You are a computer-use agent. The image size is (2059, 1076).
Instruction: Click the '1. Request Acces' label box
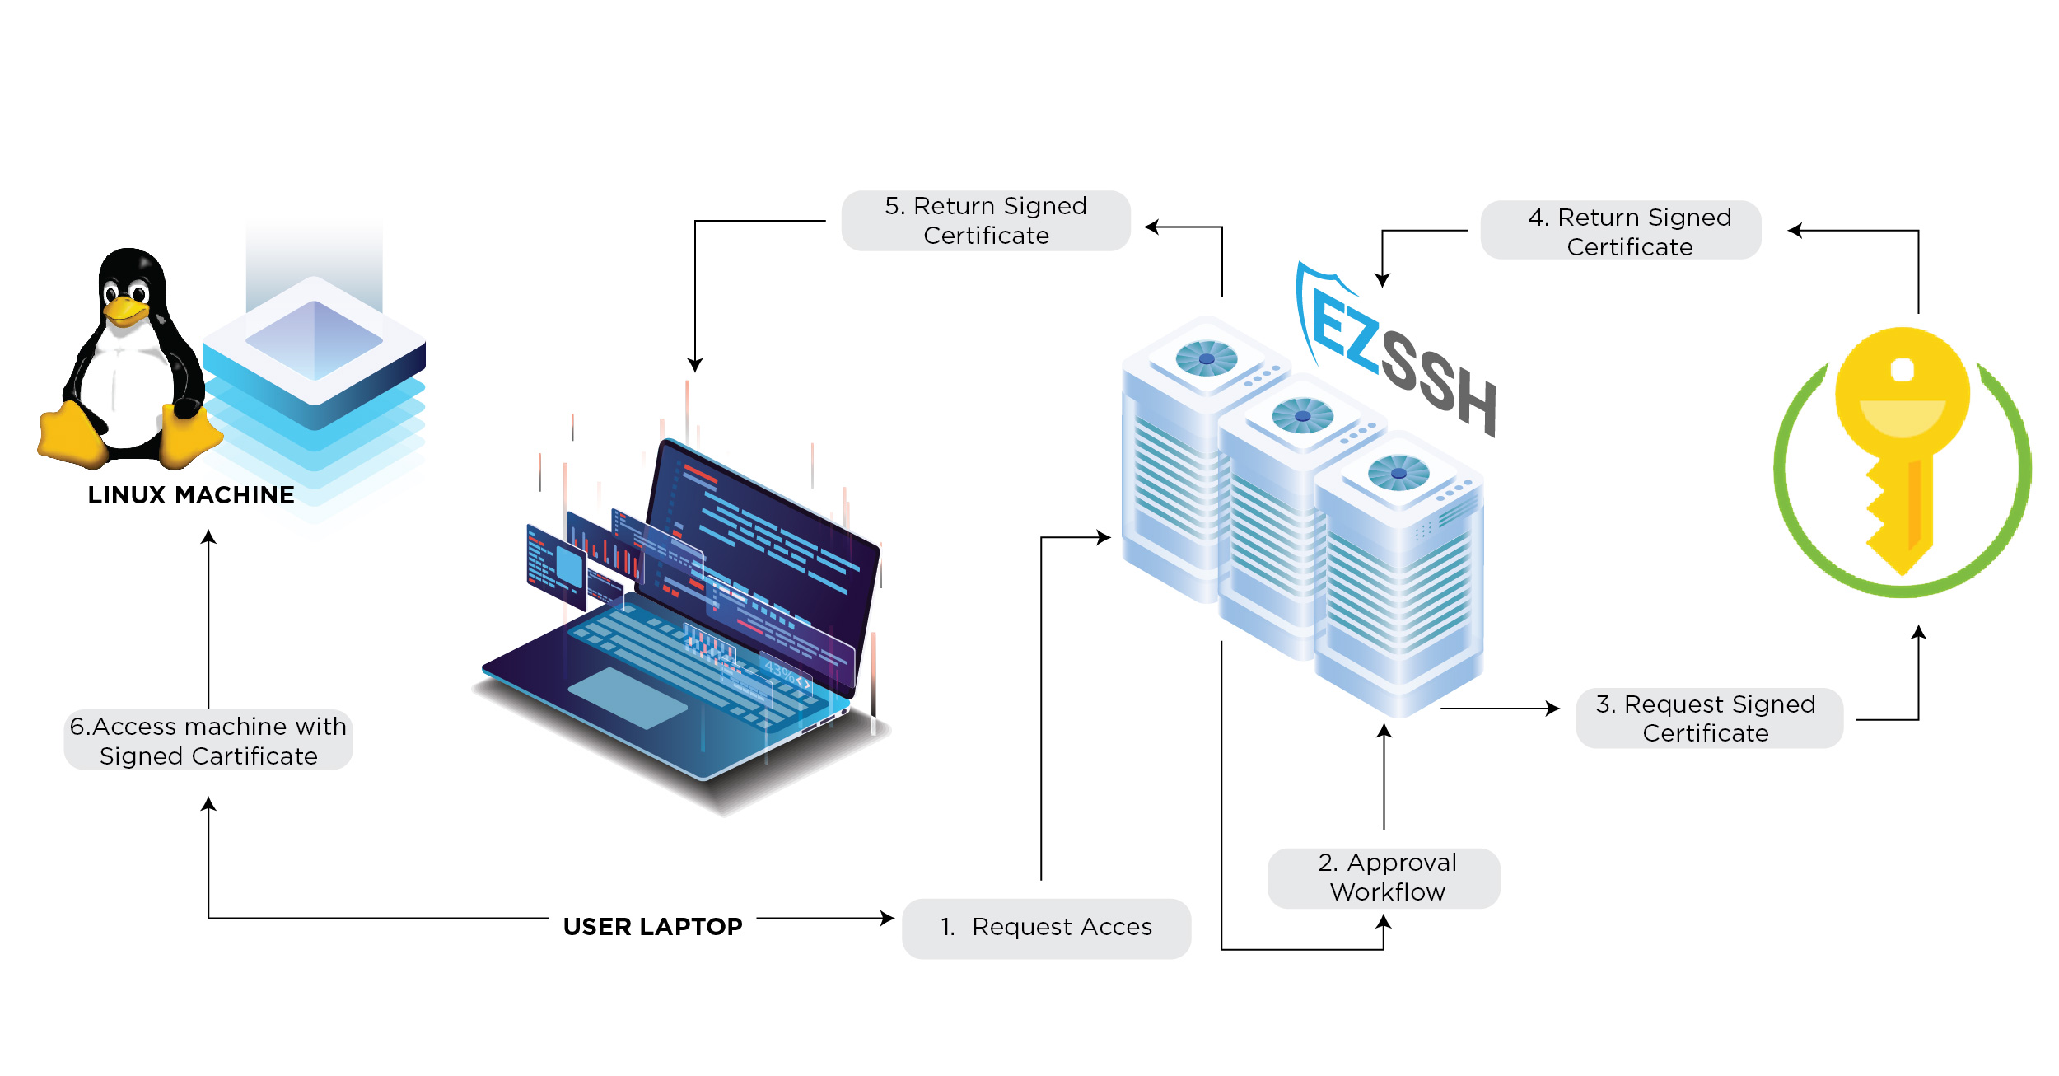[x=1046, y=928]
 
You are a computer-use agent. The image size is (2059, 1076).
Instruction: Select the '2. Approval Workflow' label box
[x=1384, y=877]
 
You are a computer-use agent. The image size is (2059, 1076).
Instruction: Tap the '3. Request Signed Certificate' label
[x=1708, y=718]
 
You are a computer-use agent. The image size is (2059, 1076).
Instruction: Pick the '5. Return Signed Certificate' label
[x=986, y=221]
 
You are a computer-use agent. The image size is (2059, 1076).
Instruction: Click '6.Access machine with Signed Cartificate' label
[x=208, y=741]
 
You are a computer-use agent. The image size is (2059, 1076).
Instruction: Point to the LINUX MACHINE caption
[x=191, y=495]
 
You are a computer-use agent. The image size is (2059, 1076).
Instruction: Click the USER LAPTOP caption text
[x=652, y=927]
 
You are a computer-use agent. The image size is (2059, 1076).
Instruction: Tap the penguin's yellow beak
[x=125, y=311]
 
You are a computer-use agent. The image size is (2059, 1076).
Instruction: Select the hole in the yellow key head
[x=1902, y=370]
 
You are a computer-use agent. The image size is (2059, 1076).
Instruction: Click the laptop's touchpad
[x=628, y=697]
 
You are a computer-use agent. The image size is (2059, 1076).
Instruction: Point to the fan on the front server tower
[x=1398, y=473]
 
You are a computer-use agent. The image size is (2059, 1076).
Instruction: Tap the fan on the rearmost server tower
[x=1207, y=358]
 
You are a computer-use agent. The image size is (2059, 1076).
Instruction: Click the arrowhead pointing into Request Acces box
[x=888, y=918]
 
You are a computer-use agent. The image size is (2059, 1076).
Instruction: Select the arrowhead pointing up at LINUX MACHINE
[x=209, y=537]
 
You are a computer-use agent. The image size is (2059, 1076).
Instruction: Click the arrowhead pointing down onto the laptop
[x=695, y=365]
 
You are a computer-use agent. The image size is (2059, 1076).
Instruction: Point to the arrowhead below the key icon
[x=1918, y=632]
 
